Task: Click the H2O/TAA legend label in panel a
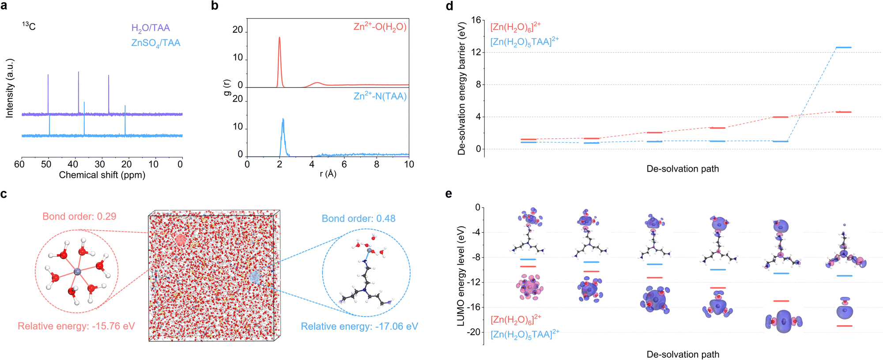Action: [x=151, y=28]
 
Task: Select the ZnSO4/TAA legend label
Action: [x=156, y=43]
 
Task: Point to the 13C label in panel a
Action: [x=29, y=26]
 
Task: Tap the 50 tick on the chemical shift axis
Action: [x=46, y=164]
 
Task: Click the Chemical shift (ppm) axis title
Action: [x=102, y=175]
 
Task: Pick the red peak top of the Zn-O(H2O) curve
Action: [x=279, y=38]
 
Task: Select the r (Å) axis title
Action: [x=328, y=174]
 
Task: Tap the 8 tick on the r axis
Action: [x=377, y=164]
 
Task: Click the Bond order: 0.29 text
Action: [x=79, y=216]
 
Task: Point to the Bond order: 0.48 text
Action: [x=358, y=219]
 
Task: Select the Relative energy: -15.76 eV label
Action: [x=76, y=326]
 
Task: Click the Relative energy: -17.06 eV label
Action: [x=359, y=326]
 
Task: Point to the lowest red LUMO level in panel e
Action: [x=844, y=326]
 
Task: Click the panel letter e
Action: [x=449, y=194]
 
